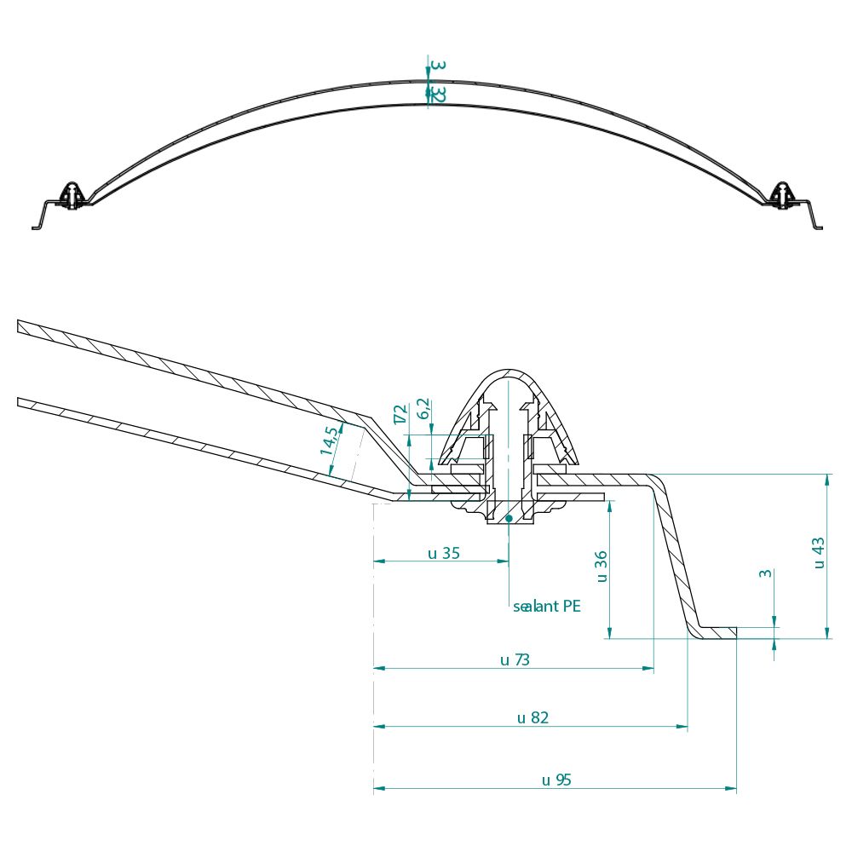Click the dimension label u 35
[443, 553]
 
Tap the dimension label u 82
[532, 717]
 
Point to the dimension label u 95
[556, 780]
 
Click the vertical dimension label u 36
[601, 566]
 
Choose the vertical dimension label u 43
[818, 552]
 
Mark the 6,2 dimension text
[423, 410]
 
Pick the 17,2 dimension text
[400, 415]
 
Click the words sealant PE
[547, 607]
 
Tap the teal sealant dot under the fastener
[509, 517]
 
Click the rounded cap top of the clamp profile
[509, 375]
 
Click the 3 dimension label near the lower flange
[765, 573]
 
